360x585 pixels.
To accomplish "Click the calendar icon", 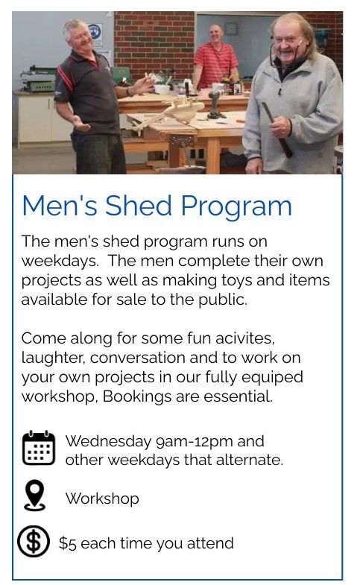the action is pyautogui.click(x=39, y=448).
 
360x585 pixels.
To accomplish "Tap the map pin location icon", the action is pyautogui.click(x=34, y=495).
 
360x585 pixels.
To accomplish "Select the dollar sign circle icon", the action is pyautogui.click(x=34, y=541).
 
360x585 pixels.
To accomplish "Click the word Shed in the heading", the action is pyautogui.click(x=138, y=206).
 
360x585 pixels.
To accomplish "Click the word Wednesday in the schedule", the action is pyautogui.click(x=108, y=442).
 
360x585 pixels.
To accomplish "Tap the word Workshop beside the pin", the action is pyautogui.click(x=102, y=499).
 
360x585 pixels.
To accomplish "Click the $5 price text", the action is pyautogui.click(x=68, y=543).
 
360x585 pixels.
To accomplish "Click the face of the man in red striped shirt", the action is pyautogui.click(x=216, y=35).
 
